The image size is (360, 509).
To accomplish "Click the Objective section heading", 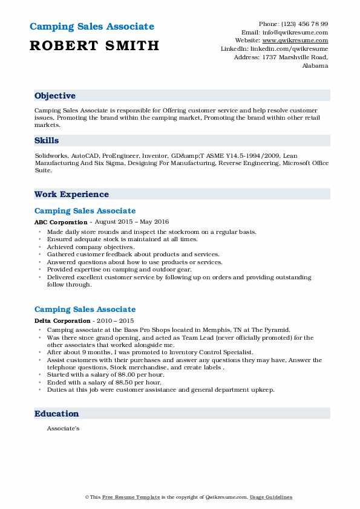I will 55,96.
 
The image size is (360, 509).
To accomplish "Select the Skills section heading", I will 47,140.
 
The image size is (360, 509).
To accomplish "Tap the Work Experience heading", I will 71,195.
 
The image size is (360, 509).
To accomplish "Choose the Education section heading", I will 57,414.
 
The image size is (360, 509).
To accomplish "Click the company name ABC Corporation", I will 61,222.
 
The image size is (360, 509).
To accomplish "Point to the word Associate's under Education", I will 63,429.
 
